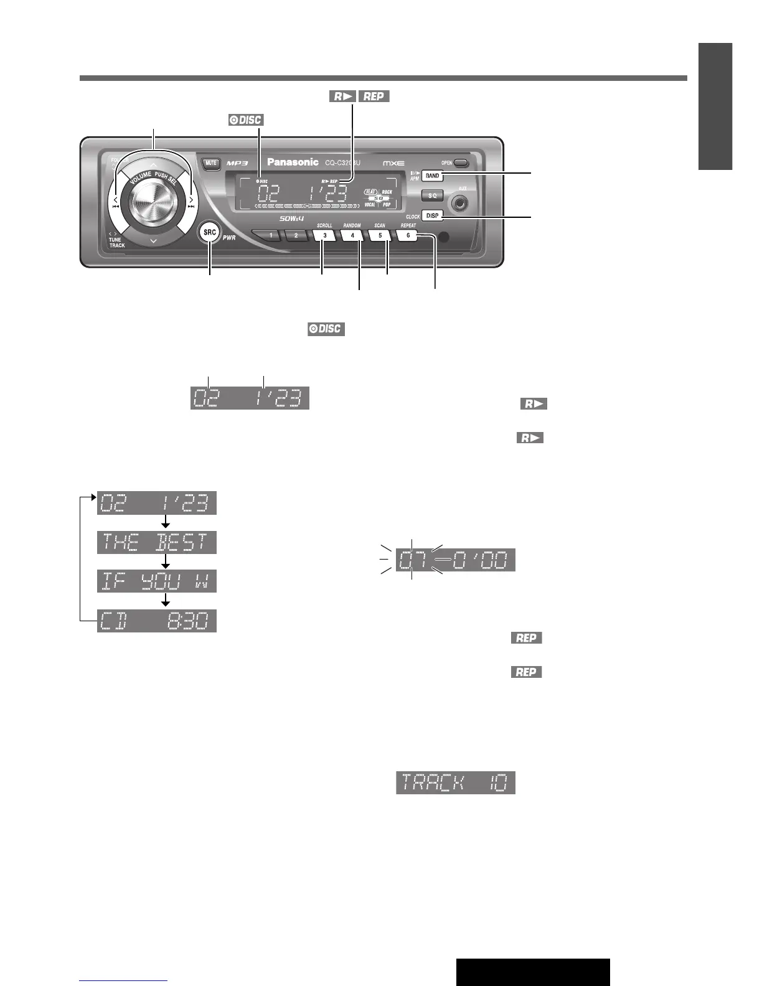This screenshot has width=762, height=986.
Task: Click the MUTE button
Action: coord(211,164)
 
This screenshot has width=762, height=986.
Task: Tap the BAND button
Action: coord(432,176)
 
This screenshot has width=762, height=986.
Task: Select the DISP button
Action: coord(432,215)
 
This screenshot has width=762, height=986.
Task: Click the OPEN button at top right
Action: coord(461,163)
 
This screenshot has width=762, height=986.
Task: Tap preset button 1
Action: coord(271,236)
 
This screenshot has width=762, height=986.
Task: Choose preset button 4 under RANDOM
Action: coord(352,236)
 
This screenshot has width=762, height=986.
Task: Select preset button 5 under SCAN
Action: coord(380,236)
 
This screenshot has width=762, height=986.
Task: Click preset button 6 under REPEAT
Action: coord(408,236)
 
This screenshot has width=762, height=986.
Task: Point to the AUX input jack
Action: coord(461,202)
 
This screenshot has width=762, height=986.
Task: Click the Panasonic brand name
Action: coord(293,162)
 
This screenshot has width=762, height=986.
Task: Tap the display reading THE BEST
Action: coord(157,542)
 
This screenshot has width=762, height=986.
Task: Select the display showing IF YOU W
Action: coord(157,581)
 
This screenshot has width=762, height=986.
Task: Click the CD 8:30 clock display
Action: coord(157,621)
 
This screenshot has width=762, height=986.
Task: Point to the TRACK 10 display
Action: coord(456,782)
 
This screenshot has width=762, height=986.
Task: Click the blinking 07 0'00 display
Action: coord(456,560)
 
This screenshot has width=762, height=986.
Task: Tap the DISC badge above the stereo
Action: coord(246,120)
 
